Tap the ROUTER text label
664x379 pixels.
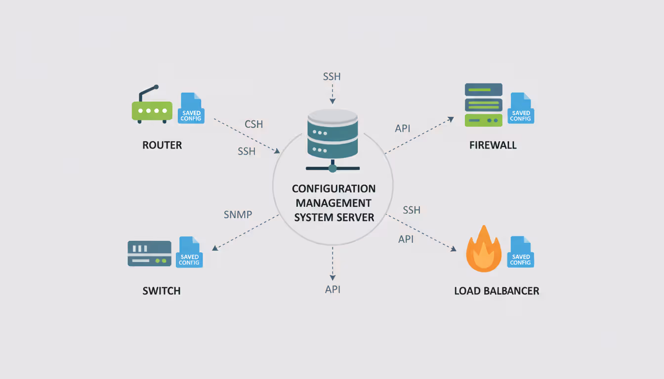[162, 146]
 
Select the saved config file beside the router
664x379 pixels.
[191, 108]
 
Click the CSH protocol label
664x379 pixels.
[254, 124]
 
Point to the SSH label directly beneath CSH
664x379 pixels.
[247, 152]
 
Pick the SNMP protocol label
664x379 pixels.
[238, 215]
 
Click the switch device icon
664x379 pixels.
[149, 254]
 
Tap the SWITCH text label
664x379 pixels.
[162, 291]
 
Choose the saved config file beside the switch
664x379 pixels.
[189, 252]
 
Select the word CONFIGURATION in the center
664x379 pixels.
[334, 189]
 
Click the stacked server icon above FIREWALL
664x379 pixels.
[484, 105]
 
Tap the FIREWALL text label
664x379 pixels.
[493, 146]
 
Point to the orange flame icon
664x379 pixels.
[484, 250]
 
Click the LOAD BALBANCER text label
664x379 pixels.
[497, 291]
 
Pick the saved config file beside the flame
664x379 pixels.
[521, 252]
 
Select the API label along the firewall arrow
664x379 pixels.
[403, 129]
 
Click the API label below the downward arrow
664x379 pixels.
[333, 290]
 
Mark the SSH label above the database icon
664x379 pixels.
[332, 77]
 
